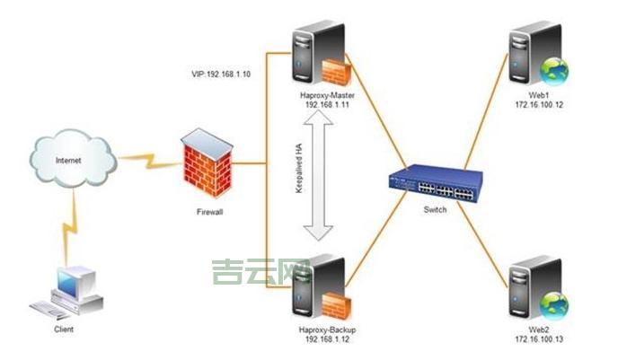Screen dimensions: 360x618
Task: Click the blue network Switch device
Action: click(435, 184)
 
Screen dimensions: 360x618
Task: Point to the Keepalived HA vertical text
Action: click(300, 171)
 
